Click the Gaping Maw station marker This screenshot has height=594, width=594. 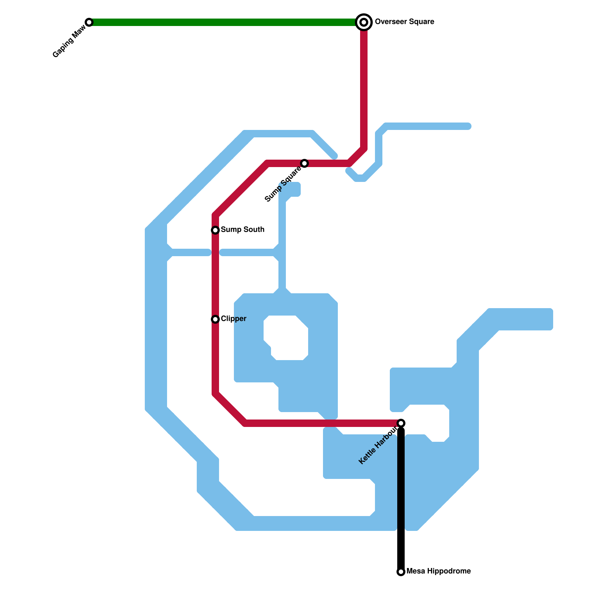[x=89, y=22]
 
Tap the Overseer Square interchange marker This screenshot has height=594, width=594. [x=364, y=22]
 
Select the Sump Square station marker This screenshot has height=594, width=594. [x=304, y=163]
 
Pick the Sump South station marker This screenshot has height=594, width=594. [x=215, y=230]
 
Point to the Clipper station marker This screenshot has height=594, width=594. [x=215, y=319]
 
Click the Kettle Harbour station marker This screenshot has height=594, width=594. [x=401, y=423]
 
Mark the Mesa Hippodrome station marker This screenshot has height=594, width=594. [x=401, y=572]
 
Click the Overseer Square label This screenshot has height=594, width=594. [x=404, y=22]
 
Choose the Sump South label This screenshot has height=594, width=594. [x=242, y=230]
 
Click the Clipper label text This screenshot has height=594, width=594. [x=234, y=319]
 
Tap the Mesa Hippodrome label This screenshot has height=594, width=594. [x=438, y=571]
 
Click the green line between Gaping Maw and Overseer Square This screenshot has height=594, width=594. [x=223, y=22]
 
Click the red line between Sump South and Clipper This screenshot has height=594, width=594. [x=215, y=275]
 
